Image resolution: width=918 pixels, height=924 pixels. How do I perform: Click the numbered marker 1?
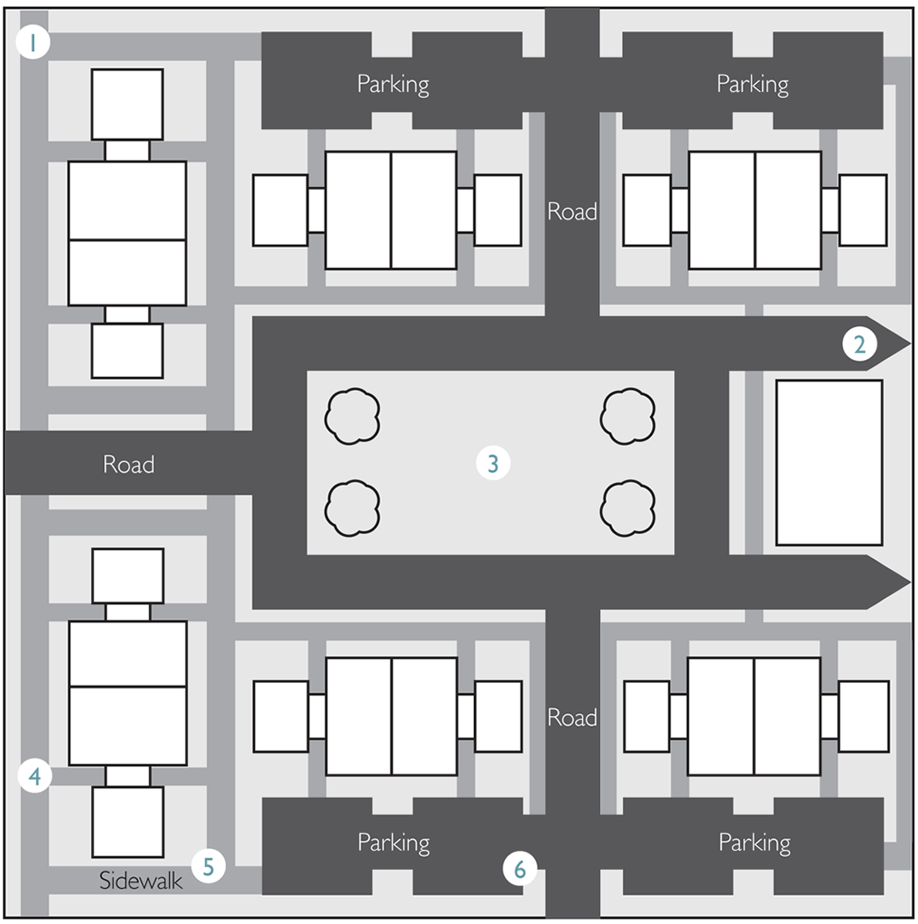click(32, 42)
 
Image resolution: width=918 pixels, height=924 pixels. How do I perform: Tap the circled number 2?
click(859, 344)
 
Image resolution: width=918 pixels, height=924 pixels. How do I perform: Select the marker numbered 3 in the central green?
click(493, 464)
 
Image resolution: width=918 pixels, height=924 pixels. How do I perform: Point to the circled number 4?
click(35, 776)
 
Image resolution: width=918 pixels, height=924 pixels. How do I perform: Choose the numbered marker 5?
click(208, 866)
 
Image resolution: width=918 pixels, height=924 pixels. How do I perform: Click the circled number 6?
click(520, 868)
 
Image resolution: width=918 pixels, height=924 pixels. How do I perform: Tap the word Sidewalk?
click(141, 881)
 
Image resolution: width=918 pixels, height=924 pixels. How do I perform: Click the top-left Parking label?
click(393, 84)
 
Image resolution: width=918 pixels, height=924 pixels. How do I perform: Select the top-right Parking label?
click(753, 84)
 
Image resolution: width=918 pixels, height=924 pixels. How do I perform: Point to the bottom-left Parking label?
click(394, 843)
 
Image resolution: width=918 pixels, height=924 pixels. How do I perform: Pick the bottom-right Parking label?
click(755, 843)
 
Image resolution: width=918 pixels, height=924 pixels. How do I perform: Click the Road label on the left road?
click(129, 464)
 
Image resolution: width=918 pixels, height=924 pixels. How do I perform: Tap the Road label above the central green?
click(572, 212)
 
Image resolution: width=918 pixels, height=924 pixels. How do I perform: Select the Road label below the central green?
click(572, 718)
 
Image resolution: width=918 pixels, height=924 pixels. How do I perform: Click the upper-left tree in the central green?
click(352, 416)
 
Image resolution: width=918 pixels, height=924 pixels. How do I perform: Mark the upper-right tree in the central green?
click(628, 416)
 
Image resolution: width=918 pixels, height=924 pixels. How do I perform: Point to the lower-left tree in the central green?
click(352, 508)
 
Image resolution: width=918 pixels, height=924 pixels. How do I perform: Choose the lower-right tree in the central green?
click(628, 508)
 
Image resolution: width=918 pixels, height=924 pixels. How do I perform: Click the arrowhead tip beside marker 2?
click(910, 344)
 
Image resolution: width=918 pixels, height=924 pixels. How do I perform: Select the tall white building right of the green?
click(829, 463)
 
